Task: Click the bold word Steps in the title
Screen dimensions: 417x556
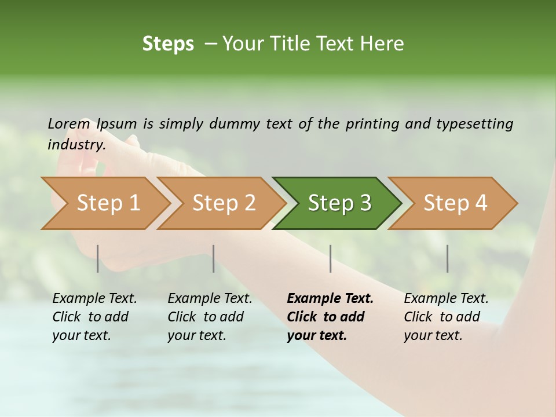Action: pos(168,44)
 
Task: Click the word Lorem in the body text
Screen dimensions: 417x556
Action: pos(68,123)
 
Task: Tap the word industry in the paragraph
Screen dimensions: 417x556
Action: pos(76,144)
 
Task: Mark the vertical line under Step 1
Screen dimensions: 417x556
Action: pos(98,258)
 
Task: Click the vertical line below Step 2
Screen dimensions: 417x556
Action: pos(214,258)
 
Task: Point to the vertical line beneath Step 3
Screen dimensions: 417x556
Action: pos(331,258)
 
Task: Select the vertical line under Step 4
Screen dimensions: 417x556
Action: pos(447,258)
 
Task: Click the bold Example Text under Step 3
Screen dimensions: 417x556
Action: pos(330,299)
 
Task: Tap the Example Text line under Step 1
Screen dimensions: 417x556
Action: pos(94,299)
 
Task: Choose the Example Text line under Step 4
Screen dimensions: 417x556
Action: pos(446,299)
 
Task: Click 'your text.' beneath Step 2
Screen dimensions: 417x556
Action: pos(196,335)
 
